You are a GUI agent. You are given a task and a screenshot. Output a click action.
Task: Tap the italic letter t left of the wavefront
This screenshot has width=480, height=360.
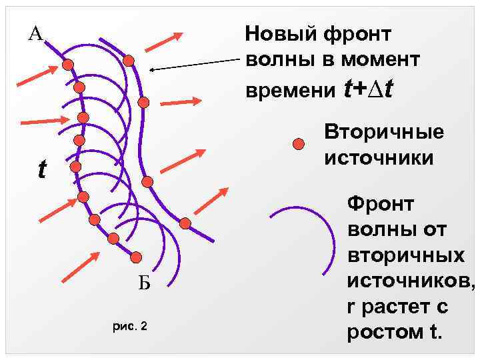tap(42, 171)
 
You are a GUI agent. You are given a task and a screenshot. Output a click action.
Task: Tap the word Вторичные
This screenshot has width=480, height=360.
tap(383, 133)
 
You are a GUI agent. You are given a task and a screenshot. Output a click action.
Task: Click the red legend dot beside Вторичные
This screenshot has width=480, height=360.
tap(300, 144)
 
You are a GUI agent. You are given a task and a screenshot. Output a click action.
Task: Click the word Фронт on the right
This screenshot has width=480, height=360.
tap(381, 203)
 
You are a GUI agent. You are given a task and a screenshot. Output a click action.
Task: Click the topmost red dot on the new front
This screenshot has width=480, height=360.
tap(129, 61)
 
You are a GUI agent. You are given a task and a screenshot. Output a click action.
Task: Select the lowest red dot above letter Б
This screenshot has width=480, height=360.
tap(136, 257)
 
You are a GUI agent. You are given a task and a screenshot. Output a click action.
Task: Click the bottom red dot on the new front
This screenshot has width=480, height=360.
tap(185, 223)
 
